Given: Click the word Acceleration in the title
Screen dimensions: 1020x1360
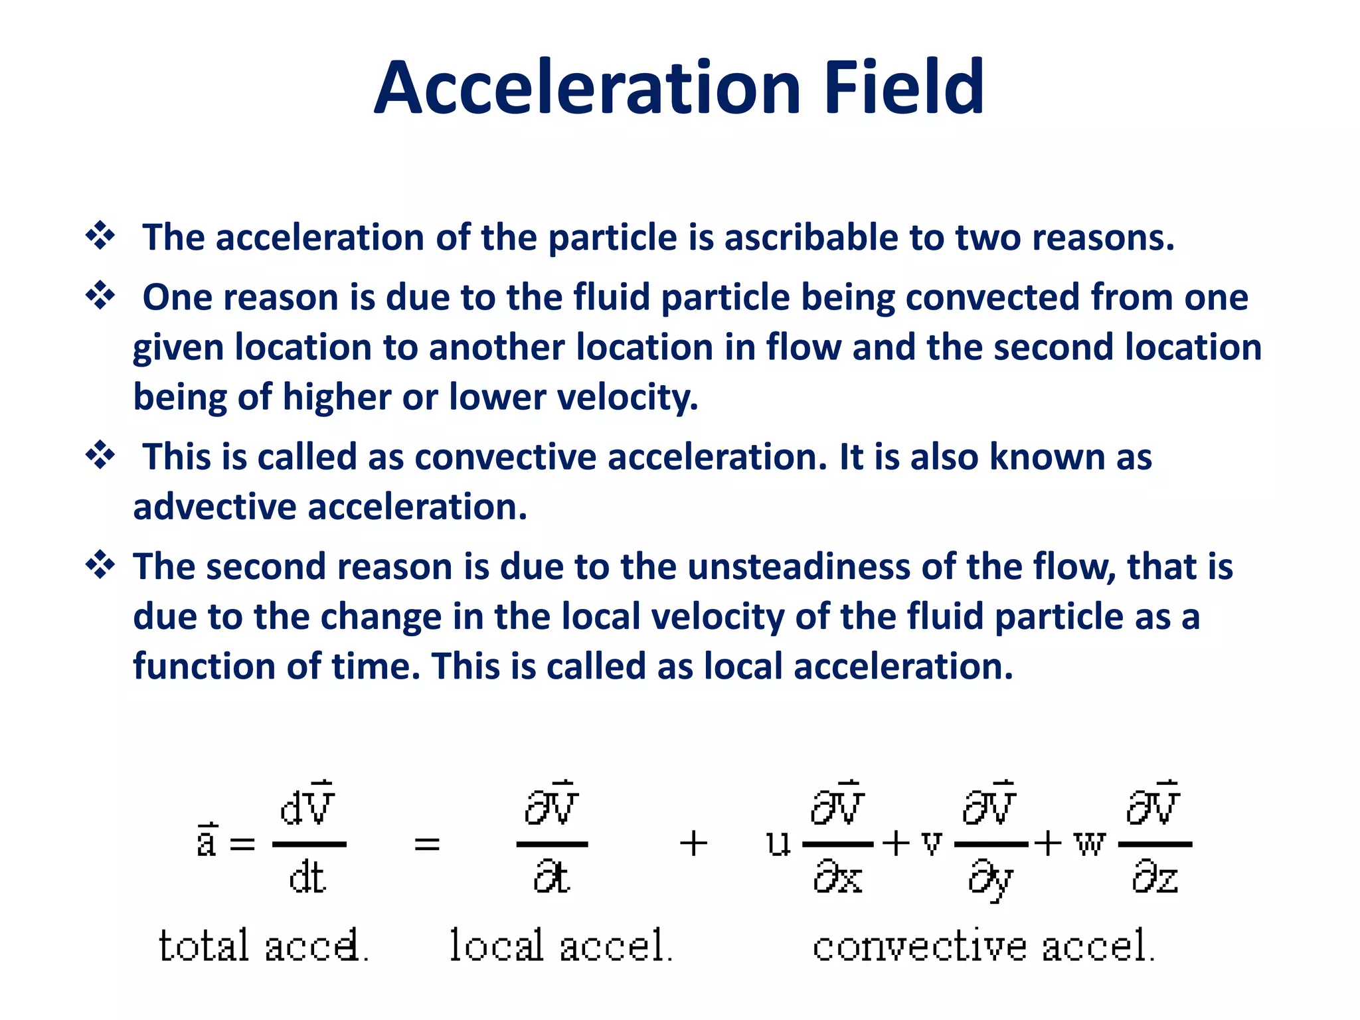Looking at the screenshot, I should pos(588,88).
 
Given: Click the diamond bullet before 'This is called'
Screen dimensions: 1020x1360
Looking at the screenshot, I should pos(100,456).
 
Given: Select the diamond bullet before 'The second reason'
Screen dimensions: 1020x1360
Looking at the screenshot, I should pos(100,565).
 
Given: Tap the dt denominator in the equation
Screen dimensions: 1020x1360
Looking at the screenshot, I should pos(307,878).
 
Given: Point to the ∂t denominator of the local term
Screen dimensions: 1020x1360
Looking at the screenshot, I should pos(551,878).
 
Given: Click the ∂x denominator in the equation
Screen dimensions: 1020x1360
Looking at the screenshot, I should pos(837,878).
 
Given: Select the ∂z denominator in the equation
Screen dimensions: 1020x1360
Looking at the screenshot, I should pos(1155,878).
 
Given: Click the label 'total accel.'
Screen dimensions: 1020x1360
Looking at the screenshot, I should pos(263,946).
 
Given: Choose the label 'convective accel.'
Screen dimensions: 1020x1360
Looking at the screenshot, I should pos(983,946).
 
